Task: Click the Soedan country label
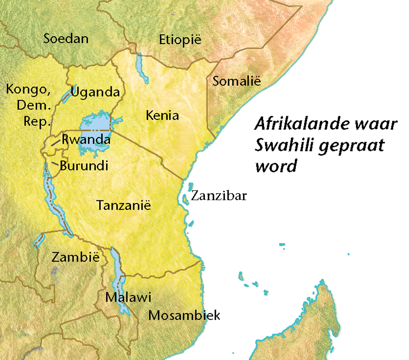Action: (66, 39)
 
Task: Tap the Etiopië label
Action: (180, 40)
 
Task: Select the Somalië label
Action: (237, 82)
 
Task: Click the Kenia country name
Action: (162, 115)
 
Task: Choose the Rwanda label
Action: (86, 140)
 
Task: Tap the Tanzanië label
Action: (123, 205)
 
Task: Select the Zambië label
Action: (75, 257)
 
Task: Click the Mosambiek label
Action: (184, 315)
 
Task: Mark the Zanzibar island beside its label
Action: (185, 199)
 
